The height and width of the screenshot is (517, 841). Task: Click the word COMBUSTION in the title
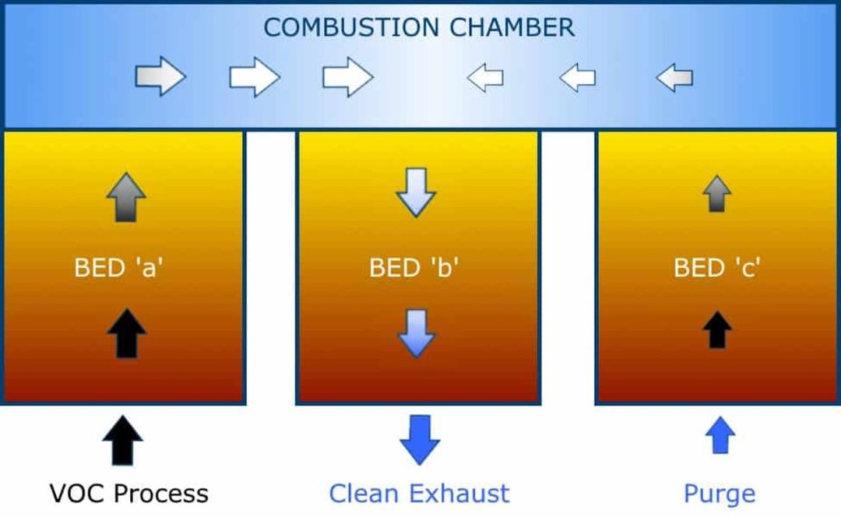[x=351, y=27]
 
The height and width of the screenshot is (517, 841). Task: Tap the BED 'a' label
[x=118, y=267]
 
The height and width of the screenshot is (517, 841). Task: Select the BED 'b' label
[x=413, y=267]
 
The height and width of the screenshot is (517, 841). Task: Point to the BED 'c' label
[x=716, y=267]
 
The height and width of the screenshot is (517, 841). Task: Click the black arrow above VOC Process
[x=123, y=441]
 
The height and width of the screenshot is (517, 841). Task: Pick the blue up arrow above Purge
[x=720, y=435]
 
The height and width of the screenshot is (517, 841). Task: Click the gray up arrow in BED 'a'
[x=126, y=197]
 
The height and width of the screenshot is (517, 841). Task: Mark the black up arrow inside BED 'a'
[x=127, y=333]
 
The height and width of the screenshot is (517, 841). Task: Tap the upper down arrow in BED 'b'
[x=416, y=192]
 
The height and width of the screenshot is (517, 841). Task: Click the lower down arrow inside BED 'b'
[x=416, y=333]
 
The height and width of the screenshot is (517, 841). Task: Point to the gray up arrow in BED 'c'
[x=717, y=194]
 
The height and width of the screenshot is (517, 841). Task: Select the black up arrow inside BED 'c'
[x=717, y=330]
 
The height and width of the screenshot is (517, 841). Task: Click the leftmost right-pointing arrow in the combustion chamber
[x=160, y=76]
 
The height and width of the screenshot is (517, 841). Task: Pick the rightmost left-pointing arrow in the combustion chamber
[x=674, y=78]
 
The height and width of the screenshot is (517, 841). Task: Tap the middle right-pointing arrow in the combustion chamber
[x=255, y=76]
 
